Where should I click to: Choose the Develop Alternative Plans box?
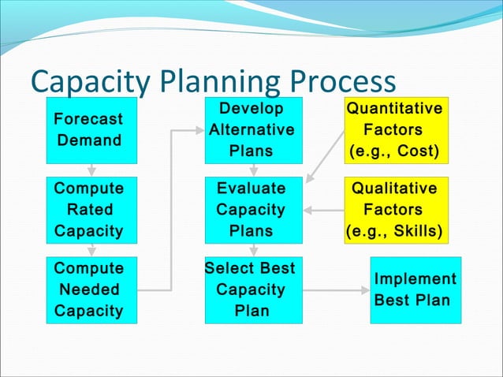251,130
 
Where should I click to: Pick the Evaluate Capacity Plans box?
251,210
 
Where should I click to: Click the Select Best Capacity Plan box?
251,289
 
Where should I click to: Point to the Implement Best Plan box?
415,289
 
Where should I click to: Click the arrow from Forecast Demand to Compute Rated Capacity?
91,170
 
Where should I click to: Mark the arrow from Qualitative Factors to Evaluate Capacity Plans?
324,210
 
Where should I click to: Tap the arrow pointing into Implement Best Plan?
335,289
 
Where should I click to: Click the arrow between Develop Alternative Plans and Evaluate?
253,170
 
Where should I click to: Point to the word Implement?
415,279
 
